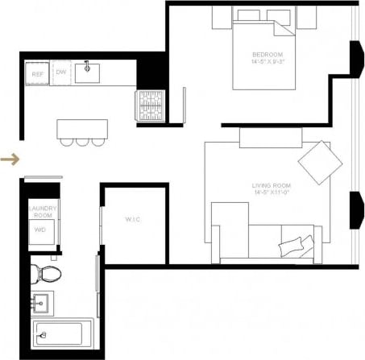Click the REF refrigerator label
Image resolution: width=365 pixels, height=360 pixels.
36,74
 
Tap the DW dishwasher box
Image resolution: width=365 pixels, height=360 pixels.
61,73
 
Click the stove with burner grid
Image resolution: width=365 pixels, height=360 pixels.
148,103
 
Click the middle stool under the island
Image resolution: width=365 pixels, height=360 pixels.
82,142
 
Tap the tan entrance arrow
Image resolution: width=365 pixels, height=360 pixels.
10,159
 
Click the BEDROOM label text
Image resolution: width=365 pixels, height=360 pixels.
268,56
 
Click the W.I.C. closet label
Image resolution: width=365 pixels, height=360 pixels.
134,219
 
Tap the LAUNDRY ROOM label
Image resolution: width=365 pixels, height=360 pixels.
41,212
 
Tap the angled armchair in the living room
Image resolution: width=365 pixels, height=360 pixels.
320,163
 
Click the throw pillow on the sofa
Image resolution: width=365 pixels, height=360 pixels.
295,244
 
